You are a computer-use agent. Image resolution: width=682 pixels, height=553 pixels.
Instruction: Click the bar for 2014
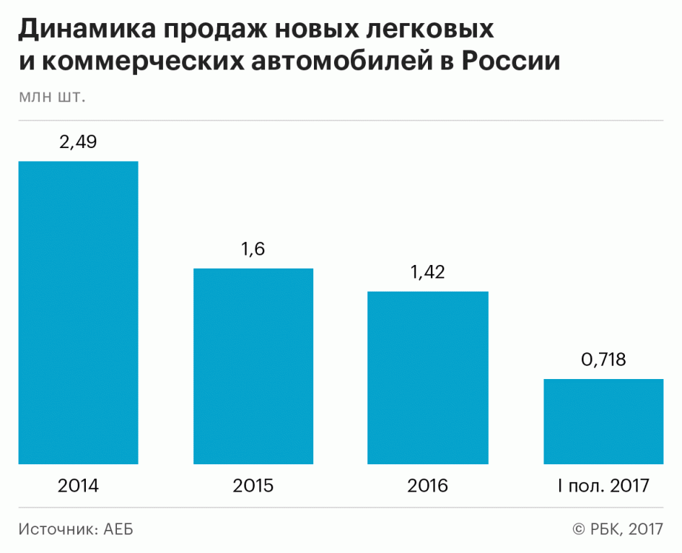point(78,312)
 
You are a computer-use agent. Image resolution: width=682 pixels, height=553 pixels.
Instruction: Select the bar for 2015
point(253,366)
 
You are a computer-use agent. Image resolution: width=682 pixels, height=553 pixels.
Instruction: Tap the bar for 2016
point(428,378)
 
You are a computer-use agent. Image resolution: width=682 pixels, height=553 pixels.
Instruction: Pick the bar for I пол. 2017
point(603,421)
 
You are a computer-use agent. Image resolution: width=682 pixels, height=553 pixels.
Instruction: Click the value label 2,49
point(78,142)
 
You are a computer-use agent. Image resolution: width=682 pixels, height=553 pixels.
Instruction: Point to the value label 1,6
point(253,250)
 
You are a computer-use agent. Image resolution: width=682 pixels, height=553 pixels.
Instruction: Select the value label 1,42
point(428,272)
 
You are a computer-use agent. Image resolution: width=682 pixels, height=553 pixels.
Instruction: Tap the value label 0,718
point(603,360)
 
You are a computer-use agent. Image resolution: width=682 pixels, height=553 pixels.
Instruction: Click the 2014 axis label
point(78,485)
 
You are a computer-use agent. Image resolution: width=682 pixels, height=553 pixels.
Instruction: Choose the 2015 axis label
point(253,485)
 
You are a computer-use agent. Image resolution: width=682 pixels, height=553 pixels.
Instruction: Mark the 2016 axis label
point(428,485)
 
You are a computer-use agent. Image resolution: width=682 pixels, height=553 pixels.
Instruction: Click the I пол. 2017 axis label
point(603,485)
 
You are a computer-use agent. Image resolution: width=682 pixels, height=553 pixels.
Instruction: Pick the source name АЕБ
point(118,529)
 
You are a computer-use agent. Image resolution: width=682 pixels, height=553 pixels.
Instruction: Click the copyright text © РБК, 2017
point(618,529)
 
